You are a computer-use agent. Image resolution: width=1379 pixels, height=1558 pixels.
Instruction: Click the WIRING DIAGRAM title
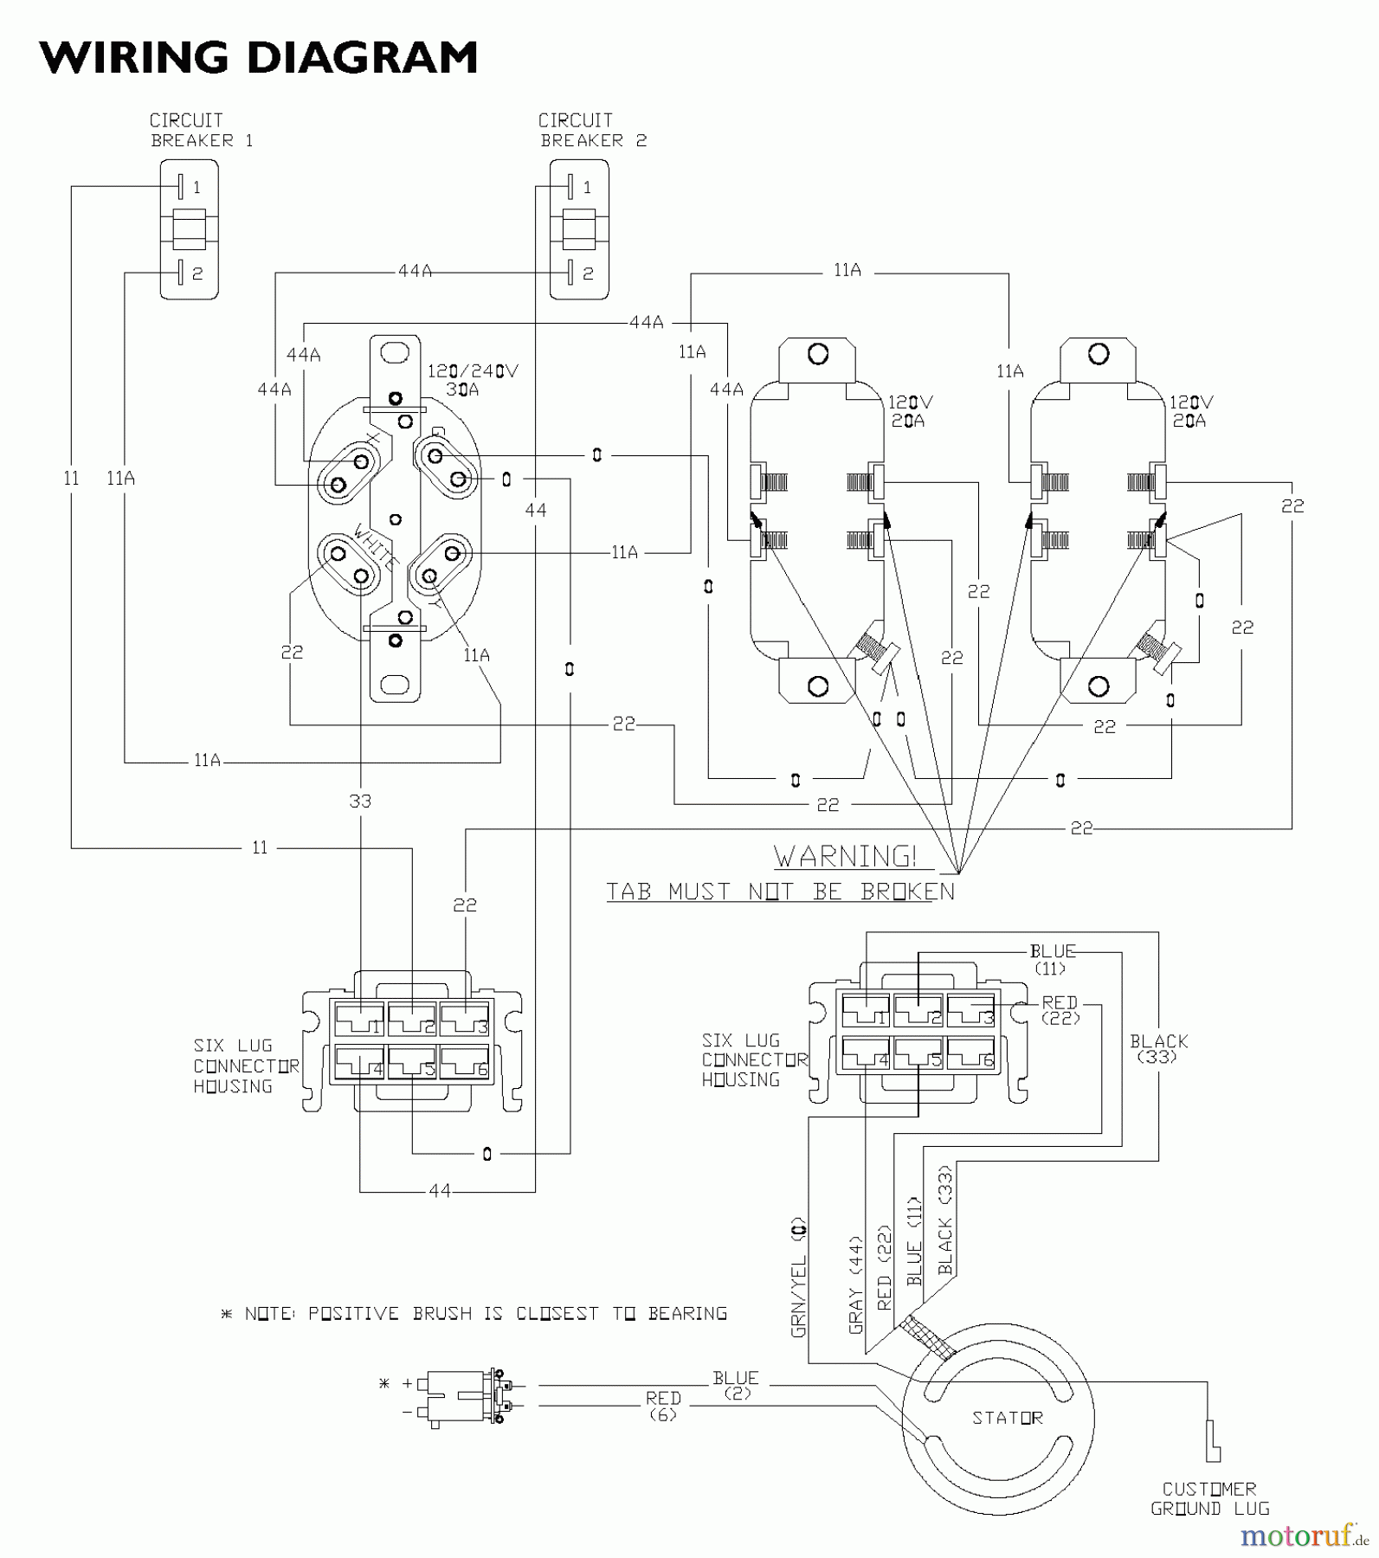(258, 59)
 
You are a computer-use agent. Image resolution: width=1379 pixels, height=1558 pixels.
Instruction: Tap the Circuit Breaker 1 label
(201, 131)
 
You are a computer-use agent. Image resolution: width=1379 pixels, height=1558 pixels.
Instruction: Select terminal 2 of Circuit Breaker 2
(571, 274)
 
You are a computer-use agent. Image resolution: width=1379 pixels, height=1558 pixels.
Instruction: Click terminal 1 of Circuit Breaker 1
(180, 187)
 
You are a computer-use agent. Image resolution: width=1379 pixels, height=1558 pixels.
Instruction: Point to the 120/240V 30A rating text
(472, 380)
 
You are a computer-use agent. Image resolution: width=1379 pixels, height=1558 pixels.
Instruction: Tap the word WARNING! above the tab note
(845, 857)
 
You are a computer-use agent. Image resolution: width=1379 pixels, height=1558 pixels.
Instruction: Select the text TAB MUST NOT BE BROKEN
(779, 892)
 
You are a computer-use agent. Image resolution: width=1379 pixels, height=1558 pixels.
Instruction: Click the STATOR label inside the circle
(1007, 1418)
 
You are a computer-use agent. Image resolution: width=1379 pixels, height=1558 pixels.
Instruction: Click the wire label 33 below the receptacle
(360, 802)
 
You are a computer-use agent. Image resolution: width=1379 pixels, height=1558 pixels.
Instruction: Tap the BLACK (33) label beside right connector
(1158, 1048)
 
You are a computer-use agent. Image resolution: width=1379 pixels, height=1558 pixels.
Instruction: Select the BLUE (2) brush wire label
(736, 1385)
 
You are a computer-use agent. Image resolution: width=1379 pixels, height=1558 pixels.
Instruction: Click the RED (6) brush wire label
(663, 1406)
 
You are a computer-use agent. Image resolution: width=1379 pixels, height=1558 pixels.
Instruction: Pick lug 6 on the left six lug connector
(465, 1063)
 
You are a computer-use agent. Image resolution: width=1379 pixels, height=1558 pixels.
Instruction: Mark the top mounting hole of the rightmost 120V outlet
(1099, 354)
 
